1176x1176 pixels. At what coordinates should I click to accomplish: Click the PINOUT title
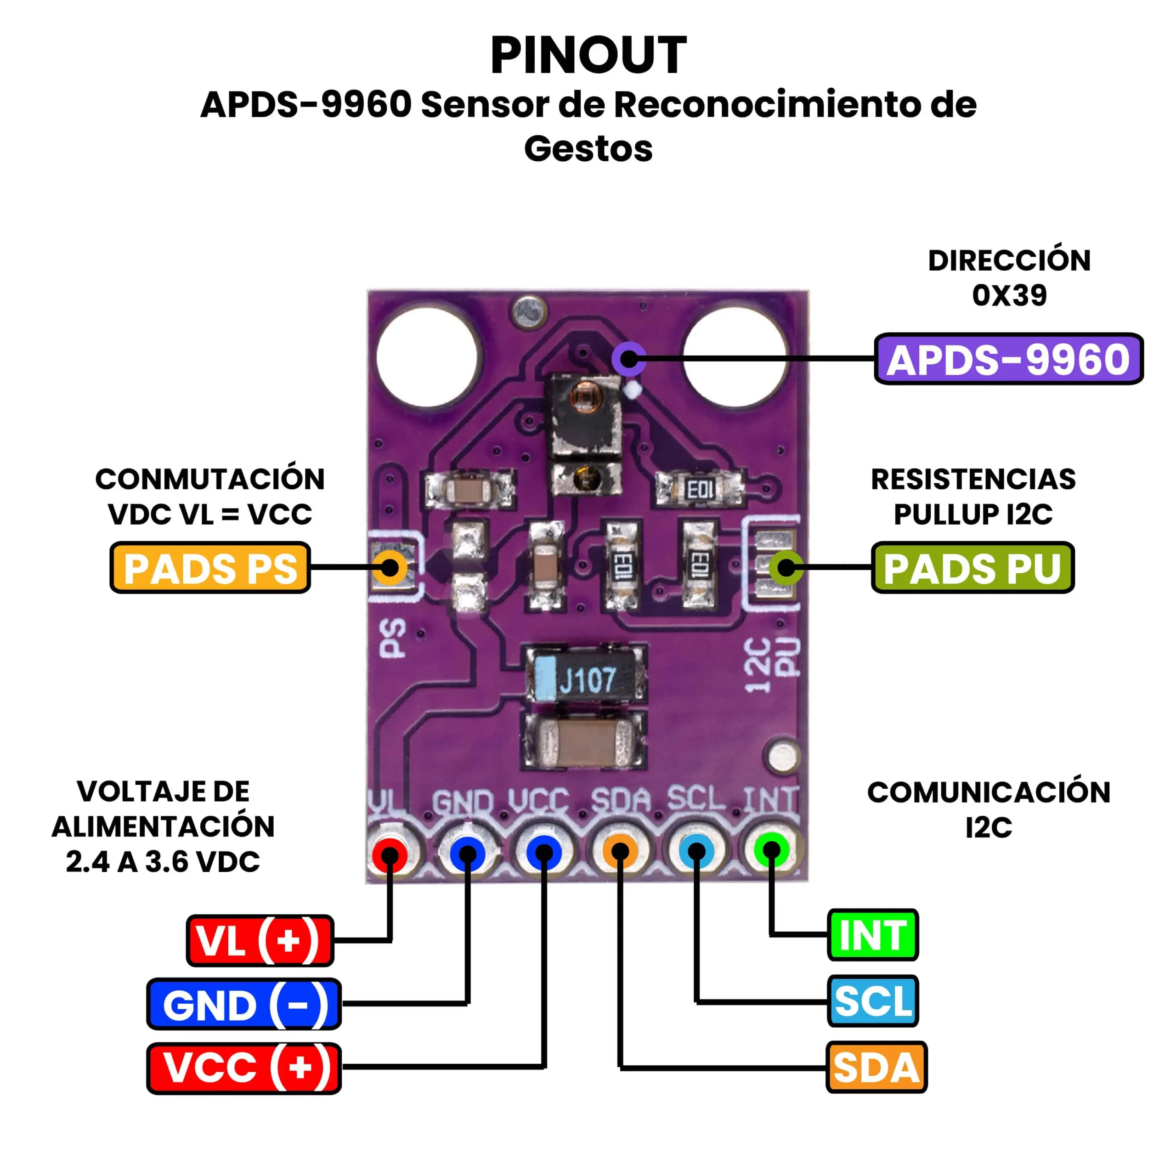(x=588, y=56)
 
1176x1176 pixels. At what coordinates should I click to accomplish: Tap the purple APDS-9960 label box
(x=1008, y=359)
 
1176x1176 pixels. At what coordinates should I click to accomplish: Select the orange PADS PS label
(x=210, y=567)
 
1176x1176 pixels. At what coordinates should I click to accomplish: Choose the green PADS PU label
(x=972, y=567)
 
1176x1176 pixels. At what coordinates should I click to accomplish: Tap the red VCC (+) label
(x=243, y=1068)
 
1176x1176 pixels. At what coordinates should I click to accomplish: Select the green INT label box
(x=872, y=935)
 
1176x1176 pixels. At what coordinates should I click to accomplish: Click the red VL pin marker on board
(x=390, y=854)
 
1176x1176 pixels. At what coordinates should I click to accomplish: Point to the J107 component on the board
(x=584, y=679)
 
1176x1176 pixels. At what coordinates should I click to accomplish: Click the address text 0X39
(x=1009, y=296)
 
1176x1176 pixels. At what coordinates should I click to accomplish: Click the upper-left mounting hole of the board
(x=428, y=357)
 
